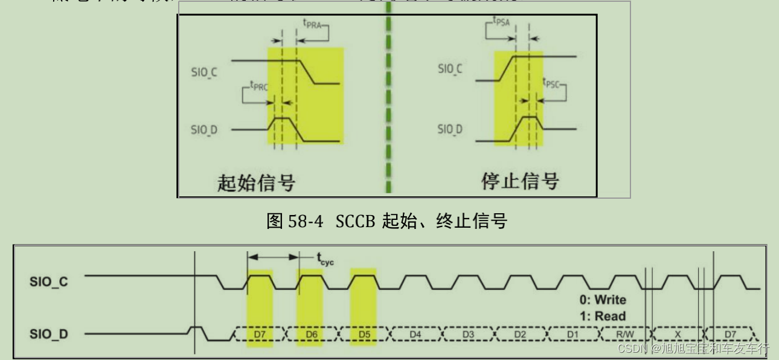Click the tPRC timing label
257,86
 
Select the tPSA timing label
500,24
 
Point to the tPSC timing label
553,83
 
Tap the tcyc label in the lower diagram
325,260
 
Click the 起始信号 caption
256,182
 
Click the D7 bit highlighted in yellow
260,334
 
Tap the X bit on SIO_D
678,334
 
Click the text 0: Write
602,300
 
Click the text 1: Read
601,315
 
